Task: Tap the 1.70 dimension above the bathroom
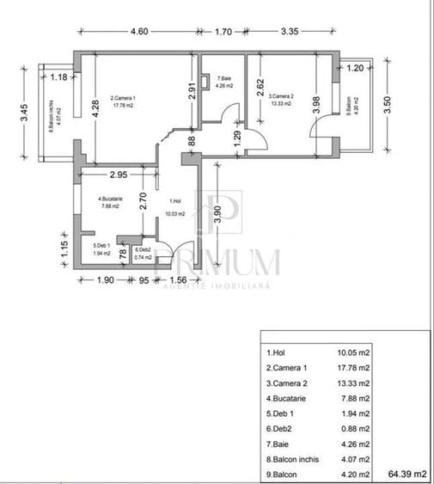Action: tap(223, 32)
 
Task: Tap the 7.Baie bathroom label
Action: tap(225, 81)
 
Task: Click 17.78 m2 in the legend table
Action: tap(353, 368)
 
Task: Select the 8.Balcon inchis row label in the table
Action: tap(293, 458)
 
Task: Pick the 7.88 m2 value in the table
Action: tap(353, 398)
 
